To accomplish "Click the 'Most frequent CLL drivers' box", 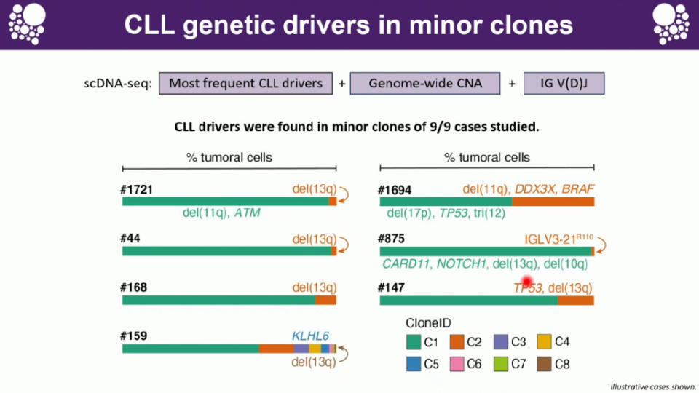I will coord(245,83).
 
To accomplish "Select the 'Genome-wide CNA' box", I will coord(425,83).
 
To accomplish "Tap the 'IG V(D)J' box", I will coord(563,83).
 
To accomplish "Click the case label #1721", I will coord(136,190).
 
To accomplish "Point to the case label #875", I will coord(392,239).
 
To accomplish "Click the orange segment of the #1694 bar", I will coord(553,201).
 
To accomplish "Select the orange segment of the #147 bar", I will coord(575,300).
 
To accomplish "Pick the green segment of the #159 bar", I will coord(190,349).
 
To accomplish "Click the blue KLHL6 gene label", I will coord(311,336).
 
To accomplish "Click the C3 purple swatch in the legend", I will coord(500,341).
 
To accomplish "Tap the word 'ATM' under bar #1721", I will coord(247,214).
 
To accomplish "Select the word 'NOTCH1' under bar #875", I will coord(462,263).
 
